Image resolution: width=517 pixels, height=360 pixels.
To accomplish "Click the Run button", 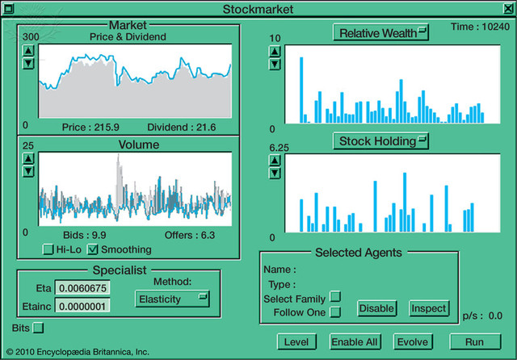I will [474, 341].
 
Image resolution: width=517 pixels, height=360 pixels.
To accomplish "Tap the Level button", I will [296, 341].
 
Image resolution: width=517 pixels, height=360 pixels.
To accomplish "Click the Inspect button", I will [428, 308].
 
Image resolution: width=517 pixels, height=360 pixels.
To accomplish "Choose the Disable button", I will [376, 308].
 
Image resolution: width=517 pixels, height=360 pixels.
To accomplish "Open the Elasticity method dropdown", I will [171, 299].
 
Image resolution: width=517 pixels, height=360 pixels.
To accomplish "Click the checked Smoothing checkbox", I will [93, 249].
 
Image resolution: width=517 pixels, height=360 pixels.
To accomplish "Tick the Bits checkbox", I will [38, 328].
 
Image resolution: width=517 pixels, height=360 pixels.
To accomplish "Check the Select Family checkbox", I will [336, 298].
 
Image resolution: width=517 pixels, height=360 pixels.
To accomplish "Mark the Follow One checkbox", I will [336, 312].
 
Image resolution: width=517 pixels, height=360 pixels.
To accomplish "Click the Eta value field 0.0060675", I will [81, 287].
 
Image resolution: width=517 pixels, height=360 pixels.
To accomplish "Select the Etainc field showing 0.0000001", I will [81, 306].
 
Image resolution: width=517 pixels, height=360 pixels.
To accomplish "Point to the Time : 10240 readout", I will [481, 27].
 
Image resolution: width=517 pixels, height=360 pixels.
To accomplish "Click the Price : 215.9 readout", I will [90, 128].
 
